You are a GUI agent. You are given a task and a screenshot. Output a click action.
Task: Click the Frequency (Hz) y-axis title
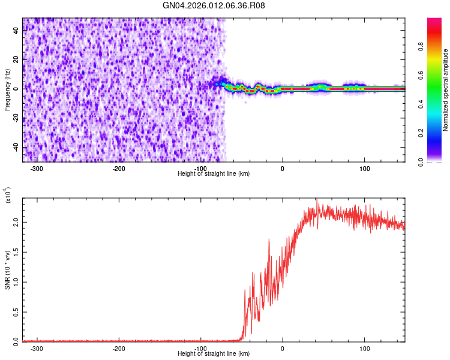pos(7,89)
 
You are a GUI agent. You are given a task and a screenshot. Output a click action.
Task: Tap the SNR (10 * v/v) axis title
pos(7,270)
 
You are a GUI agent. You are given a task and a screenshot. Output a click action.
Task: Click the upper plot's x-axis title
pos(214,173)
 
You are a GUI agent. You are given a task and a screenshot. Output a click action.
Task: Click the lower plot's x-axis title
pos(214,353)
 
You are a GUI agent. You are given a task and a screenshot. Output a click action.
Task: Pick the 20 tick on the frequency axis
pos(16,59)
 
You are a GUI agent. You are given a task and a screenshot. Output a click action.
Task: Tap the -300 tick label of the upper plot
pos(37,168)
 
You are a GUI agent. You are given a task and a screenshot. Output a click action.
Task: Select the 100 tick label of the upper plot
pos(364,168)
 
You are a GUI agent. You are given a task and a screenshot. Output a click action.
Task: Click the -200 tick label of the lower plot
pos(119,348)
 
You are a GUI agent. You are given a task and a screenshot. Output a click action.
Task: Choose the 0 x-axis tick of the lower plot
pos(283,348)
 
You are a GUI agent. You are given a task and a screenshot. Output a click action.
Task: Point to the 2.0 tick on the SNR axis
pos(16,222)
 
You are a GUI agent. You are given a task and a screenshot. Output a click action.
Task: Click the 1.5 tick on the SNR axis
pos(16,251)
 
